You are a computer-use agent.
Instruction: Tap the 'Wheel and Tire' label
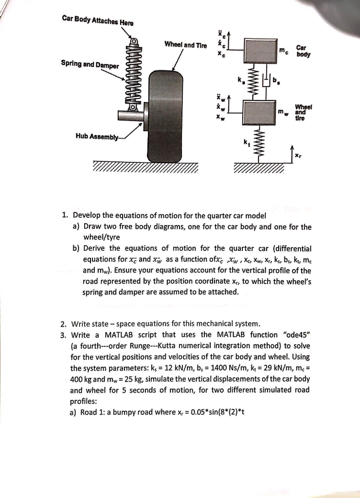[185, 45]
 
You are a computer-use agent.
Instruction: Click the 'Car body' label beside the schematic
[302, 52]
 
